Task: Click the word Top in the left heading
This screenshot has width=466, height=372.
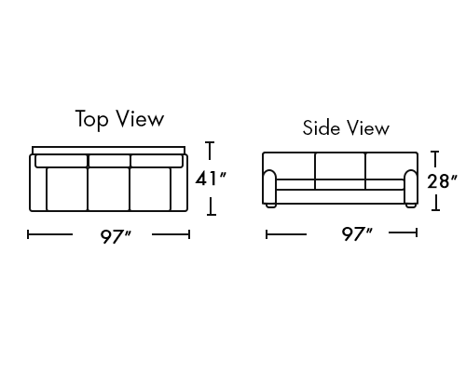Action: [92, 119]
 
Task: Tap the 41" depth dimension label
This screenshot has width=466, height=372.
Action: [211, 179]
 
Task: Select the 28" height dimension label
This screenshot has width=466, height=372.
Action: [442, 181]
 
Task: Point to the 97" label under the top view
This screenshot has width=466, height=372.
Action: [116, 237]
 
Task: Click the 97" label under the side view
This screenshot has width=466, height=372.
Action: [357, 234]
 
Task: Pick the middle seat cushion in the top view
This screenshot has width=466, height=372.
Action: [108, 189]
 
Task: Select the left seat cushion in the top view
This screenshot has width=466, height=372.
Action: [67, 189]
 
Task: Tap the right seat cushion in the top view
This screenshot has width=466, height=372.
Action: [150, 189]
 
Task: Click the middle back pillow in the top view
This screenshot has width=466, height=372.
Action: [109, 161]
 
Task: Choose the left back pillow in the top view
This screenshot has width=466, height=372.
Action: [62, 161]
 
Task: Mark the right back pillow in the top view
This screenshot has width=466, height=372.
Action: [157, 161]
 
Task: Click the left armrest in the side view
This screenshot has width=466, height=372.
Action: [269, 187]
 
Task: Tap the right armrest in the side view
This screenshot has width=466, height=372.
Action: [411, 187]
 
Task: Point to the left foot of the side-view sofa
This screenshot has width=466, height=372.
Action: [270, 206]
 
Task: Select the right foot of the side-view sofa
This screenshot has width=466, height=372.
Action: [411, 206]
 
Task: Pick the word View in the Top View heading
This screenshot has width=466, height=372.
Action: [140, 118]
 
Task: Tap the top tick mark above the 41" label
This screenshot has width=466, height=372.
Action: [210, 142]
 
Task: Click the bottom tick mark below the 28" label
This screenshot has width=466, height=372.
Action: [435, 210]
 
